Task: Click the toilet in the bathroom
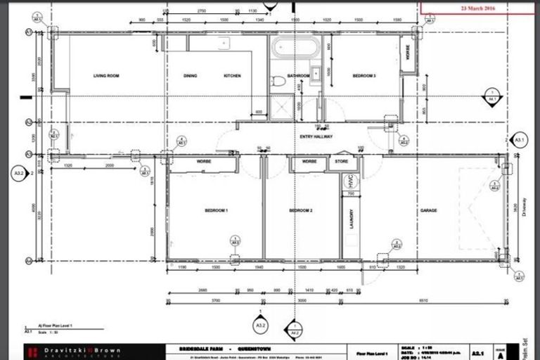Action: pos(279,80)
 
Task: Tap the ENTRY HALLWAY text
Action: pos(316,136)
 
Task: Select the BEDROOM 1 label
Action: pos(217,210)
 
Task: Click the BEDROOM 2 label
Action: pos(300,210)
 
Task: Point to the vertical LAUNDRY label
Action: pos(348,221)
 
